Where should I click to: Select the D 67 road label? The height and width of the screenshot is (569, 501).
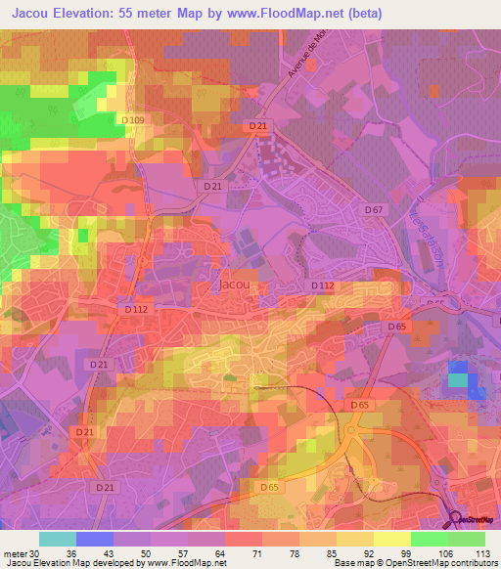click(374, 209)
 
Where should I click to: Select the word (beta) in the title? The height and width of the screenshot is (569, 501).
click(360, 13)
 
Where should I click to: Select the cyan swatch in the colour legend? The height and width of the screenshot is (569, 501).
click(57, 538)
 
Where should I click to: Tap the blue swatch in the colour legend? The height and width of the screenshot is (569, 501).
click(95, 538)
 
